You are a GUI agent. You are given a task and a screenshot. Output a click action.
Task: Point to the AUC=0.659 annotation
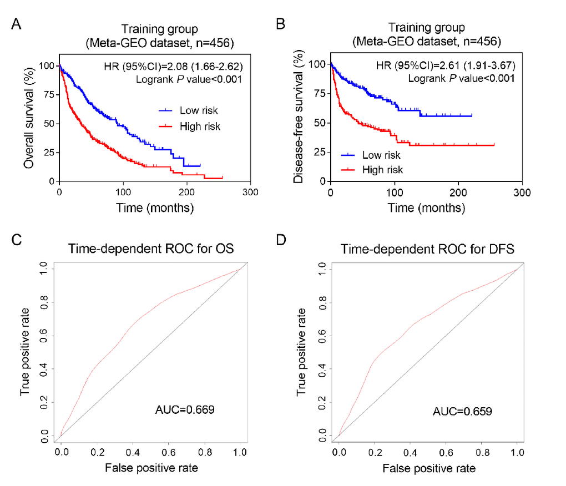tap(462, 412)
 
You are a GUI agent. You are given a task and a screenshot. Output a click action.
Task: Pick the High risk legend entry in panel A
tap(200, 127)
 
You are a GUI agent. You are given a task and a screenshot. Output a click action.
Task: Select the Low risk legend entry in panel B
tap(381, 155)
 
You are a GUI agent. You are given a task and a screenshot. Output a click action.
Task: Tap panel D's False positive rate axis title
tap(428, 469)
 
